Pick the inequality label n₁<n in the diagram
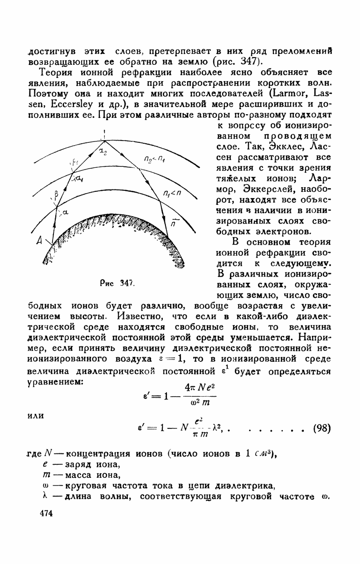(171, 194)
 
